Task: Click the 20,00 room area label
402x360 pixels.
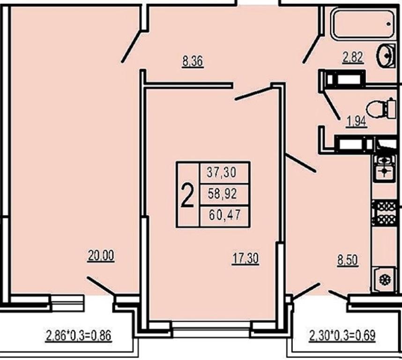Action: point(101,256)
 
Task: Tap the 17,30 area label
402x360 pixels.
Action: point(246,258)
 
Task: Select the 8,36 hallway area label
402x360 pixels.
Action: point(193,61)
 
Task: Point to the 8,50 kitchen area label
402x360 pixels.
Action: point(347,261)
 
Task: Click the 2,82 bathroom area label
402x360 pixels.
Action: point(353,57)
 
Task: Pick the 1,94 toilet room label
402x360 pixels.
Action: point(357,121)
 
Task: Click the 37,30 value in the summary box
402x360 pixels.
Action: point(222,172)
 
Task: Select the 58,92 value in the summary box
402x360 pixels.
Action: point(222,194)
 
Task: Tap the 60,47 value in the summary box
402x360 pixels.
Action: point(224,214)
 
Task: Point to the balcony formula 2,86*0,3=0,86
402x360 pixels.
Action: point(79,336)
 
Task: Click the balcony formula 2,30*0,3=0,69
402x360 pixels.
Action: point(342,336)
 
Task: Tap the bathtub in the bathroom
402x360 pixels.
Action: point(363,24)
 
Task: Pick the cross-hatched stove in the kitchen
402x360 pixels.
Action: point(384,213)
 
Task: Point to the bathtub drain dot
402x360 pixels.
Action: point(389,24)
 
